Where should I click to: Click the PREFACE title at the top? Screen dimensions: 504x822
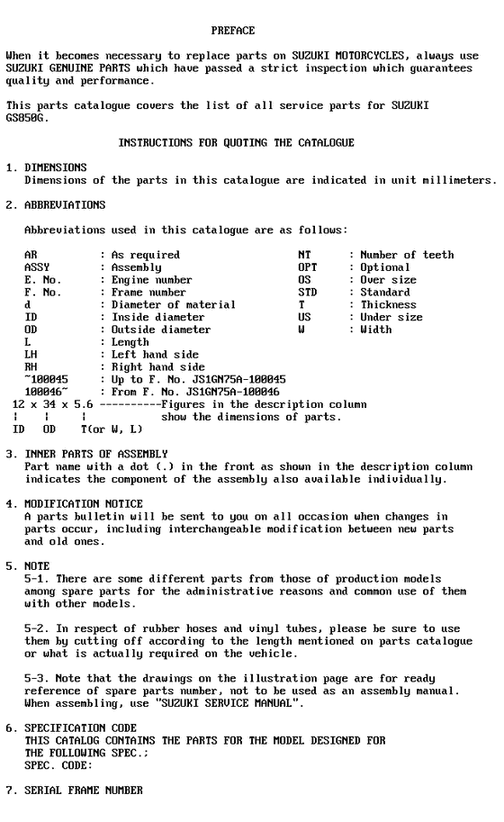point(232,31)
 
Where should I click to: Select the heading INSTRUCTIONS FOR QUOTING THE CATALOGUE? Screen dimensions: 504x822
point(236,143)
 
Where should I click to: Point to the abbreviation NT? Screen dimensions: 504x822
point(303,255)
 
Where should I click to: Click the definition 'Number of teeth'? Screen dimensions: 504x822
point(407,255)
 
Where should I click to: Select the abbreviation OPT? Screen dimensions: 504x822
point(307,267)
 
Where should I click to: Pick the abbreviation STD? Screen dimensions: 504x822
point(307,293)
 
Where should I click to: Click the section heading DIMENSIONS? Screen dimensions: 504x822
point(56,167)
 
